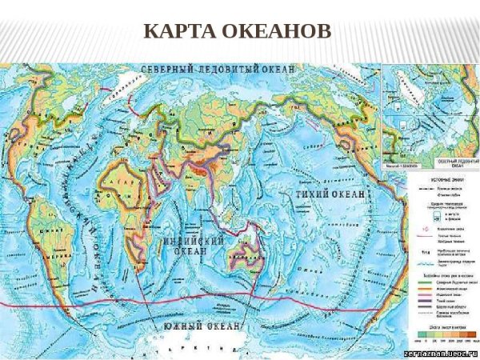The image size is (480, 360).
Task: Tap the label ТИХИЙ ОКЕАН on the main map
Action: pos(331,194)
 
